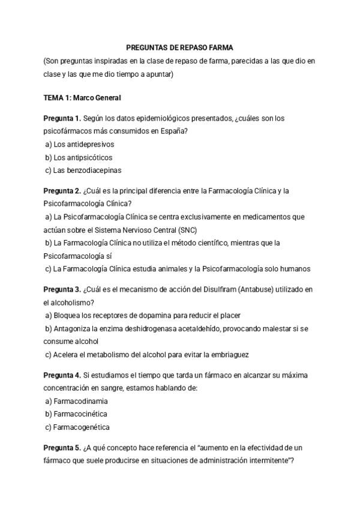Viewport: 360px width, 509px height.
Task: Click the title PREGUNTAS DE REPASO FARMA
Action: point(180,47)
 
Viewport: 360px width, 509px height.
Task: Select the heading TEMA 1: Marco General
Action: point(82,97)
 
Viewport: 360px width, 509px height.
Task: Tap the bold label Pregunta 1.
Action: point(62,118)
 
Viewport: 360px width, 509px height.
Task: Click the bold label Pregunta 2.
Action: point(62,191)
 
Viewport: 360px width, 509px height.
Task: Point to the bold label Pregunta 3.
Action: point(62,290)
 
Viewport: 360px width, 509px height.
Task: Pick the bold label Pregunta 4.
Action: point(62,375)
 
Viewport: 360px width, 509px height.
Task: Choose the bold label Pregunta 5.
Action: point(62,448)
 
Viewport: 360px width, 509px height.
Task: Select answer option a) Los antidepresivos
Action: point(80,144)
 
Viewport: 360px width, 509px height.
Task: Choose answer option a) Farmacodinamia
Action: point(77,401)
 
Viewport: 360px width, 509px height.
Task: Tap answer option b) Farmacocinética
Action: point(76,414)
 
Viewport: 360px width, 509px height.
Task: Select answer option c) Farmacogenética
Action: point(77,427)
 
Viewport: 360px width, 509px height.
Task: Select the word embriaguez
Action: point(230,355)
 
